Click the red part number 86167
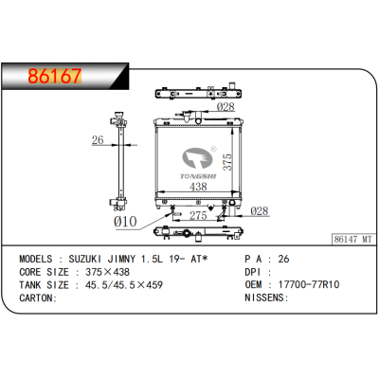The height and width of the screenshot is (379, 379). (55, 76)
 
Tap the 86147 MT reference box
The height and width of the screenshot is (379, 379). (353, 239)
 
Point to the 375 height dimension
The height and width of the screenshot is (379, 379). (227, 162)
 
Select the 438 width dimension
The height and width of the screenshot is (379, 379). (198, 187)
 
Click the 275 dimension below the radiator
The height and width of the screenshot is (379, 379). (198, 216)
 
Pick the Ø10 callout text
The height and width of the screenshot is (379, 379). (125, 222)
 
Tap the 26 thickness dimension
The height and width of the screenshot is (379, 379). (98, 139)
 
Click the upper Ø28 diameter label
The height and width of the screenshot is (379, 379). (226, 107)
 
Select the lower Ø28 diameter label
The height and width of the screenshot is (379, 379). (260, 211)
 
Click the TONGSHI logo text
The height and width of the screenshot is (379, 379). (198, 176)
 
